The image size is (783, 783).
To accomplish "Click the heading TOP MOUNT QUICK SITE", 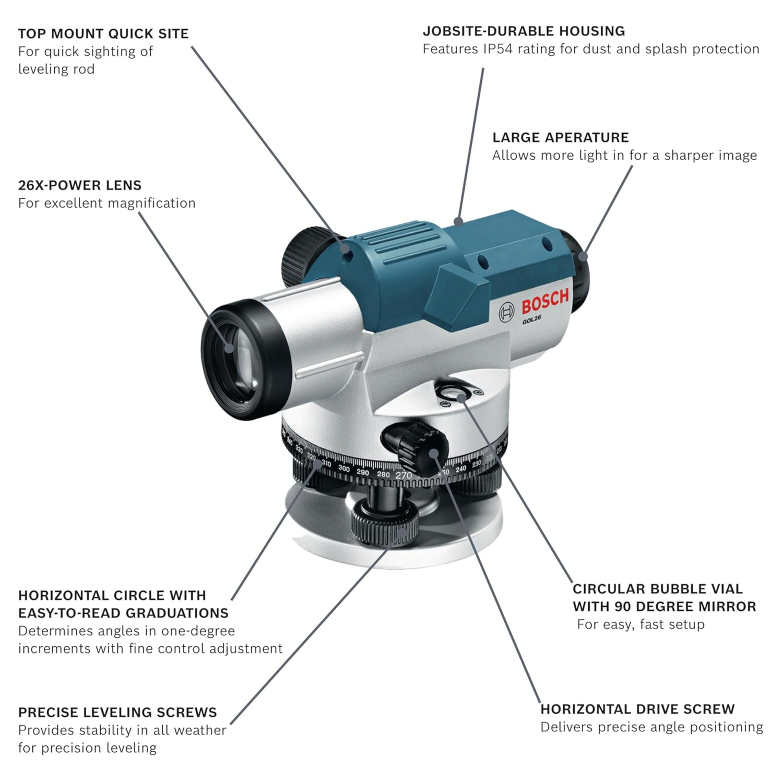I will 103,34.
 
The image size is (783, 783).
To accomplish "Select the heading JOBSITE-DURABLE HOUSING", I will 524,31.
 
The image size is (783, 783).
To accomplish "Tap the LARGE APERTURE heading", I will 561,138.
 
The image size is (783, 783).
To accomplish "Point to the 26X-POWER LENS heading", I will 80,185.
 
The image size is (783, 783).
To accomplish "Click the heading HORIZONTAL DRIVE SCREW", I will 637,709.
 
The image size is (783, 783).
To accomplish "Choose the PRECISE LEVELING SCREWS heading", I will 117,713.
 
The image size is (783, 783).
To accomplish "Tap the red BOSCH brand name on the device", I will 544,301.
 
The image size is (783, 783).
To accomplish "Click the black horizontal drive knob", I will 418,446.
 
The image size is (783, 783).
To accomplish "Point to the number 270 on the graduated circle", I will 404,476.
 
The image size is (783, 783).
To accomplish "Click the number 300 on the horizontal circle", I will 343,469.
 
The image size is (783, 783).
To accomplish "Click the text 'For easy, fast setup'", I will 640,625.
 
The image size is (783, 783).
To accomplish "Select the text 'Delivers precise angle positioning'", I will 651,727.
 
